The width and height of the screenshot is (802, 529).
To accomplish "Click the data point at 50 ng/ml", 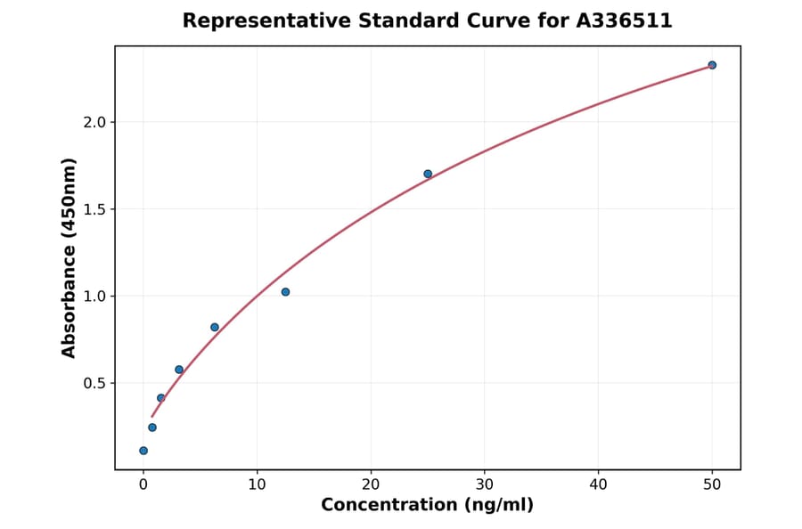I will click(x=712, y=65).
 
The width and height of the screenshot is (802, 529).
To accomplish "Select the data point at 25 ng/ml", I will click(x=428, y=174).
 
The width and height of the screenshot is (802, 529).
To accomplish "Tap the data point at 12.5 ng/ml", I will click(x=285, y=292).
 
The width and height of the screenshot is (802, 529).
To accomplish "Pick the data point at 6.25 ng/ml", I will click(x=215, y=327).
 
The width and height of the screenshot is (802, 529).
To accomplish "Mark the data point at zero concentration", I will click(x=143, y=451).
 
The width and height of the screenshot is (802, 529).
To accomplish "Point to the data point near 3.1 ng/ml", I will click(x=179, y=370).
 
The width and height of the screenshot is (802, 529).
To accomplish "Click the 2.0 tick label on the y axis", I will click(x=93, y=122).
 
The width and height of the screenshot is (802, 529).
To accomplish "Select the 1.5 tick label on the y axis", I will click(x=93, y=209).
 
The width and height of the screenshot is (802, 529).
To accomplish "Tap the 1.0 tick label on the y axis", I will click(x=93, y=296).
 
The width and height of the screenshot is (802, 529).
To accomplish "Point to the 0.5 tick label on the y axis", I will click(x=93, y=383).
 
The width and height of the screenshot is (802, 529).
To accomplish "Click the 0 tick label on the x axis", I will click(x=143, y=484).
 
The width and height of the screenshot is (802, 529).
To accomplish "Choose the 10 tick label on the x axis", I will click(x=257, y=484).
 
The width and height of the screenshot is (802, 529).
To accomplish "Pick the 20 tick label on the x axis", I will click(x=371, y=484).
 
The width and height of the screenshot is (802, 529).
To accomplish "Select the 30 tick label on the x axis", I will click(x=485, y=484).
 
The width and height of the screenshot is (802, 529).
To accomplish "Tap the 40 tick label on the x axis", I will click(x=598, y=484).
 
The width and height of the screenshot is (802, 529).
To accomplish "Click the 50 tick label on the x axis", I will click(x=712, y=484).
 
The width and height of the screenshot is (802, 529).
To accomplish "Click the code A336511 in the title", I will click(x=623, y=20).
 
